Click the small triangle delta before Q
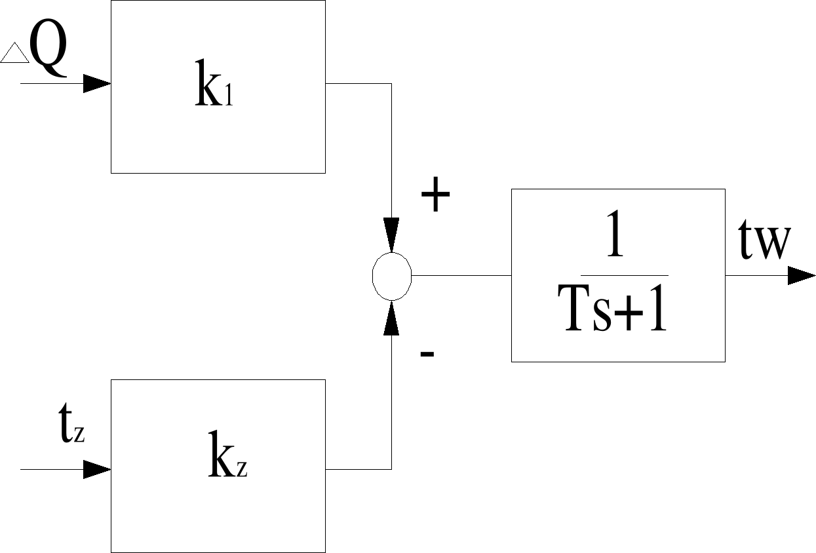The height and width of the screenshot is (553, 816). coord(15,52)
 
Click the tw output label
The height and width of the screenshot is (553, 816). coord(764,242)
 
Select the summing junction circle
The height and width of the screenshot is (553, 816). coord(392,276)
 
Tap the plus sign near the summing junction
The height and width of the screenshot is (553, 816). coord(435,196)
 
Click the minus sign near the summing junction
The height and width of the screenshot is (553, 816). coord(427,354)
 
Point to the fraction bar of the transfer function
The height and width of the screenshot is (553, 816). coord(624,275)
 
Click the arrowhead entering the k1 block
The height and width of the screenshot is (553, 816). coord(98,84)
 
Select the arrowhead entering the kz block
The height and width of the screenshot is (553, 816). coord(98,469)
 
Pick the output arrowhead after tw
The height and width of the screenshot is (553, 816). coord(801,276)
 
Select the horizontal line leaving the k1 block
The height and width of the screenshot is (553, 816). coord(358,84)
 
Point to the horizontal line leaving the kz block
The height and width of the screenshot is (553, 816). coord(358,469)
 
